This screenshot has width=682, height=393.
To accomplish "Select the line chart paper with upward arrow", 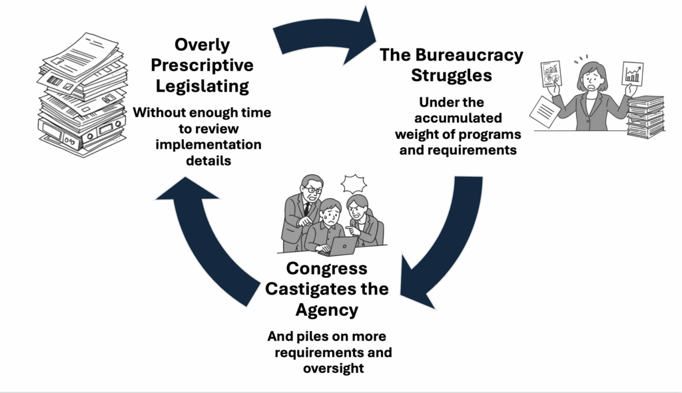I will point(632,74).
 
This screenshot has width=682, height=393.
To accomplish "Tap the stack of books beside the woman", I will point(645,117).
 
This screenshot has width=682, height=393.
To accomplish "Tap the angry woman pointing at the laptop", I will point(360,216).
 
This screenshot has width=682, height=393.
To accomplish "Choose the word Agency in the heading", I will point(326,309).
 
